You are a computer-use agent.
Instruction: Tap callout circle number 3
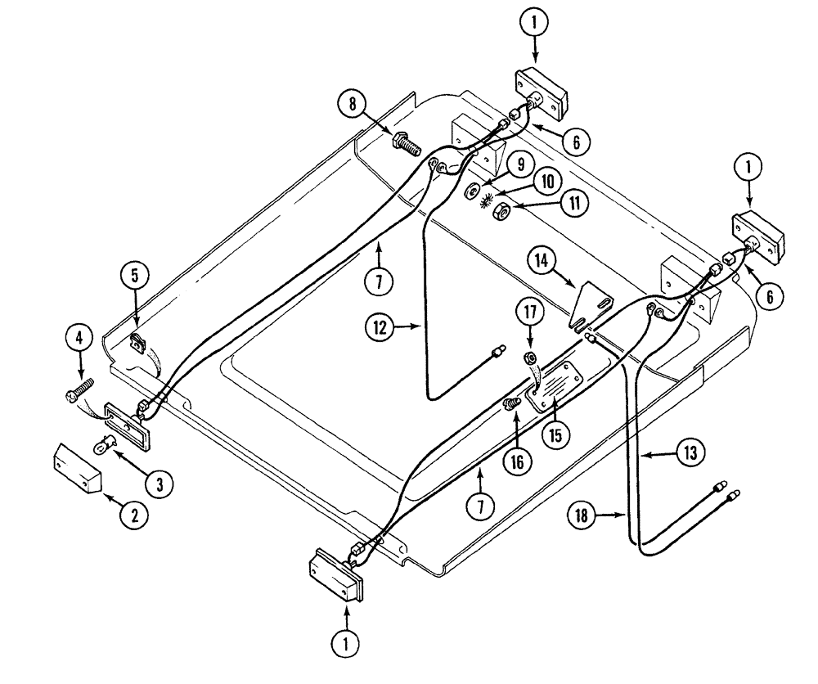pyautogui.click(x=159, y=484)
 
